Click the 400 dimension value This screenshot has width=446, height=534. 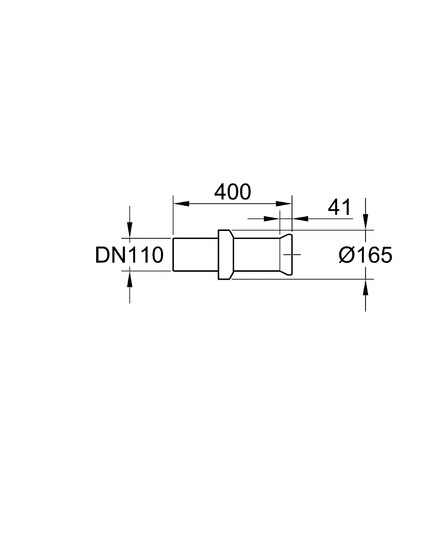pos(232,192)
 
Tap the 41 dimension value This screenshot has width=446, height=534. pos(339,207)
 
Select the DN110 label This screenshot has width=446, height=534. pos(129,255)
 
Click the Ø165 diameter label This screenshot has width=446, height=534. pos(365,255)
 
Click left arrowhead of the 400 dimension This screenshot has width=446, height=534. pos(181,203)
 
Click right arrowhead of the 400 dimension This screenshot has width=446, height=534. pos(284,203)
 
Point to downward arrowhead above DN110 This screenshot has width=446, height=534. pos(130,230)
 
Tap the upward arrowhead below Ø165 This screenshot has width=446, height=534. pos(366,287)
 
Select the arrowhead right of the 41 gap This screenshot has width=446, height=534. pos(300,219)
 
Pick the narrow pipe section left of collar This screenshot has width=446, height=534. pos(195,255)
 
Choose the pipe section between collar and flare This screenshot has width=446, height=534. pos(256,255)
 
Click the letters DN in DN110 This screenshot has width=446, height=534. pos(111,255)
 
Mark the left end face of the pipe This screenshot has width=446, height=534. pos(173,255)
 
